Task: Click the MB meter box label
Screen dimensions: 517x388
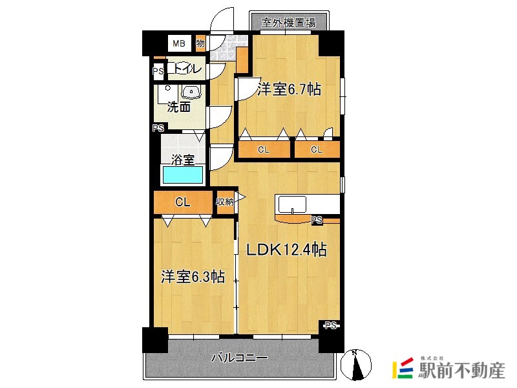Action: tap(179, 43)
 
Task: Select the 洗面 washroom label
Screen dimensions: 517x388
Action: tap(178, 107)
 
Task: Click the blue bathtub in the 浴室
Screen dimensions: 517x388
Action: tap(183, 175)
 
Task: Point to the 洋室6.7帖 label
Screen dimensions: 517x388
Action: tap(289, 89)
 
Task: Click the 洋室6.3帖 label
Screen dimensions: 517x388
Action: tap(193, 277)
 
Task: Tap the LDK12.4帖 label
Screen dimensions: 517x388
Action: tap(286, 250)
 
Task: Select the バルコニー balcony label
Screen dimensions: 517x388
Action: tap(239, 358)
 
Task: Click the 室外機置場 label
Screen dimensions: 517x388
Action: tap(288, 23)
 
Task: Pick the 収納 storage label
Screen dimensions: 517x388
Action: tap(224, 201)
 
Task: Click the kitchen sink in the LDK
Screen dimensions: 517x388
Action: tap(292, 204)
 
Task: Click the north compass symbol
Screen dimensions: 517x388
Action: tap(356, 365)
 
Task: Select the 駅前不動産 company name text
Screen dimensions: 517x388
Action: tap(461, 371)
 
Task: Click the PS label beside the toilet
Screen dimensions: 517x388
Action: tap(158, 71)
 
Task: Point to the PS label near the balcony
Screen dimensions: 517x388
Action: tap(331, 326)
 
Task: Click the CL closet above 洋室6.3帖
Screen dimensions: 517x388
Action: tap(183, 202)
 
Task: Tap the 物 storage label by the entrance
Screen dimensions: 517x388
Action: tap(200, 43)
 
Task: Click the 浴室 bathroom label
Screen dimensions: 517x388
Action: tap(183, 160)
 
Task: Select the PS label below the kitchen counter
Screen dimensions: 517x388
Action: tap(317, 220)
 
